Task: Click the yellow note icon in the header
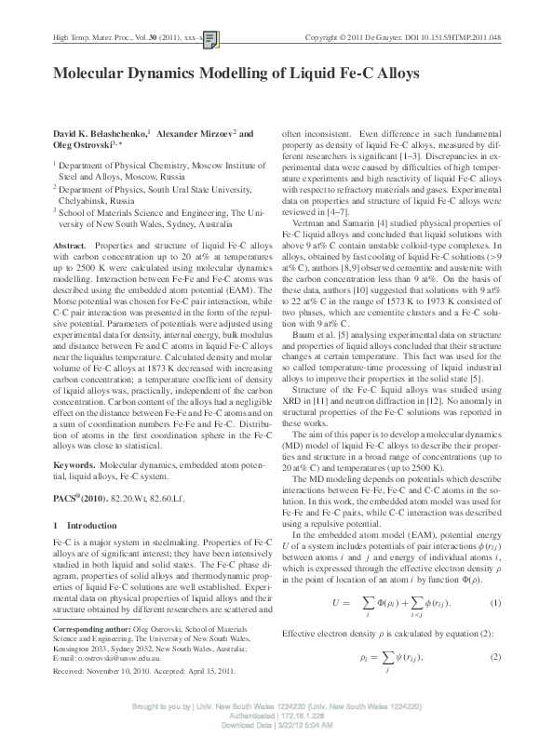(x=211, y=38)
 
